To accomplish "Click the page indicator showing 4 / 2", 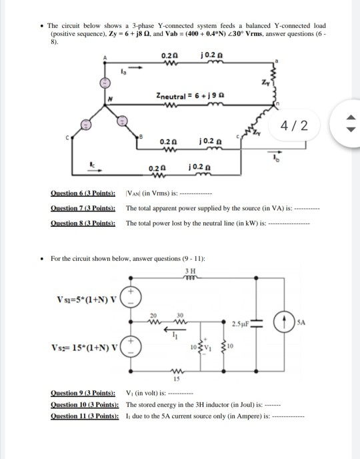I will click(x=295, y=125).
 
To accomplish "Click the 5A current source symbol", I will click(x=284, y=320).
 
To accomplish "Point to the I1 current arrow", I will click(x=175, y=335).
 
